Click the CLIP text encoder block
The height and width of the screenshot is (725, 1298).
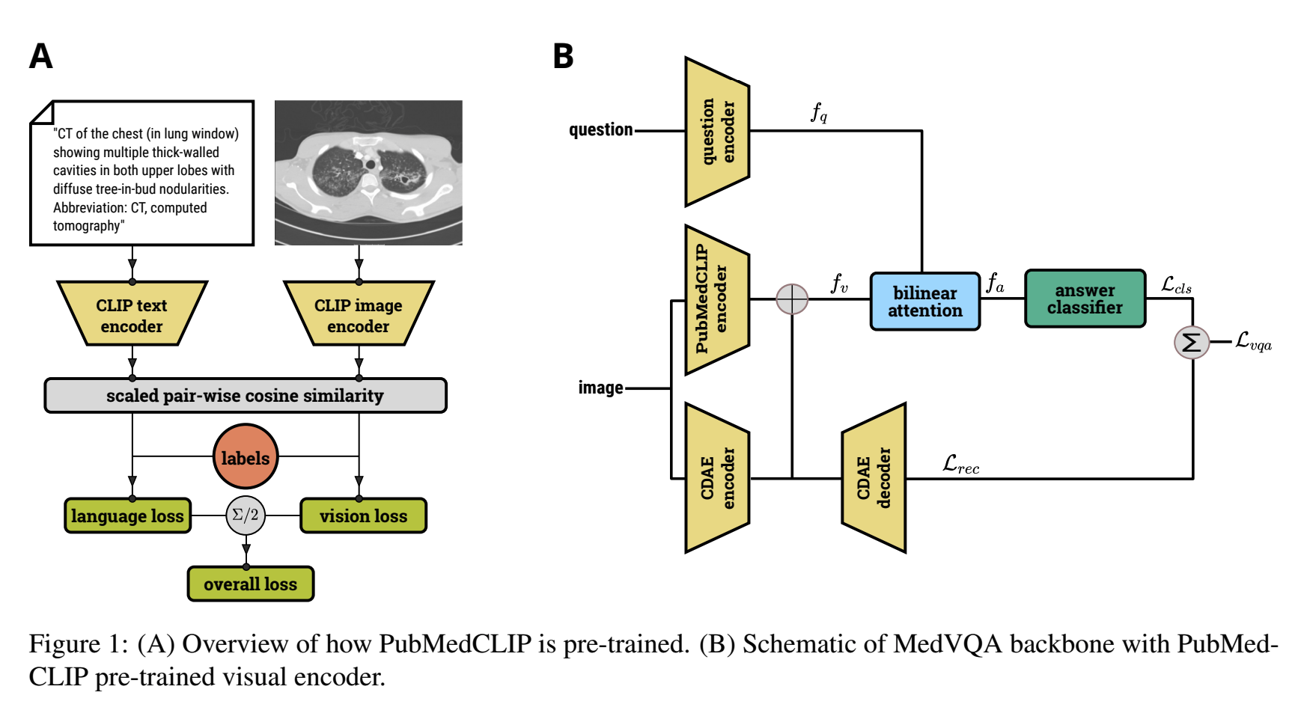[x=132, y=315]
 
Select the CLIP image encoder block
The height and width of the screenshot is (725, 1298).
[x=359, y=315]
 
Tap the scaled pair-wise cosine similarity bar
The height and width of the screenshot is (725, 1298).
[x=246, y=396]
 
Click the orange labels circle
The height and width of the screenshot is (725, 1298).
[x=246, y=457]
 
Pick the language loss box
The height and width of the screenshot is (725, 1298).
[x=128, y=516]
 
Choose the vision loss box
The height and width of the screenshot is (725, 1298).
[x=364, y=516]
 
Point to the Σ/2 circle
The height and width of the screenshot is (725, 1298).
[x=246, y=516]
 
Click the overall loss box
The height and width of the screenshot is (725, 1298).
[x=251, y=584]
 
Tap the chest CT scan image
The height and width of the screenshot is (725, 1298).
[x=368, y=173]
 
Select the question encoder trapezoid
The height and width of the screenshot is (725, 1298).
[x=717, y=132]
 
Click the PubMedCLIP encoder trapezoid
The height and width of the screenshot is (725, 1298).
[x=717, y=299]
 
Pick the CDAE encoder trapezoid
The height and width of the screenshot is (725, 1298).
[x=717, y=478]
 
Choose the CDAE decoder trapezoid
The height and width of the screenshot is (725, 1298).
[x=874, y=478]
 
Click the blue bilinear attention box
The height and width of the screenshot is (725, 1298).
[x=925, y=302]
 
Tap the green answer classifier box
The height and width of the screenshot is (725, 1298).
[x=1085, y=299]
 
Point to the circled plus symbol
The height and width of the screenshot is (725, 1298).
[x=792, y=299]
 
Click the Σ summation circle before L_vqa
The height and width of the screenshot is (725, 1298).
[x=1192, y=343]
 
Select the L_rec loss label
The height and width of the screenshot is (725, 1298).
[x=961, y=465]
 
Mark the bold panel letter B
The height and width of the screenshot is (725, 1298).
[x=563, y=57]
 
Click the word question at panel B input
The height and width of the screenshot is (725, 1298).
[x=601, y=130]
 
